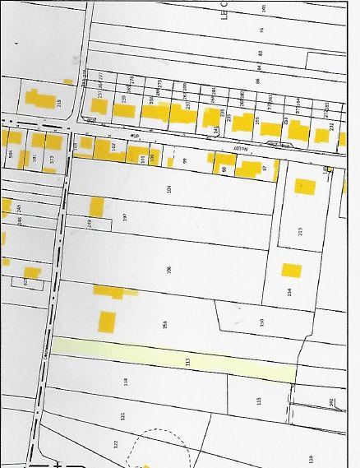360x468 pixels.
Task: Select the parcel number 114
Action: pyautogui.click(x=126, y=382)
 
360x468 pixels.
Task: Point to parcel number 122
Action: pyautogui.click(x=115, y=443)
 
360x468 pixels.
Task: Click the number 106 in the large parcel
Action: pyautogui.click(x=168, y=269)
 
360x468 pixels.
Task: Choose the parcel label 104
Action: pyautogui.click(x=168, y=189)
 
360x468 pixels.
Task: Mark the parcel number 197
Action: pyautogui.click(x=125, y=217)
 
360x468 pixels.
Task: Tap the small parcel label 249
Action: pyautogui.click(x=88, y=223)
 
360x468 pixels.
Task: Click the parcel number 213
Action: pyautogui.click(x=301, y=231)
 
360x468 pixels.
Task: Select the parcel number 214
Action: pyautogui.click(x=289, y=292)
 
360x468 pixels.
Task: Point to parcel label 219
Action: pyautogui.click(x=59, y=103)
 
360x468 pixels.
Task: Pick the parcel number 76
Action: pyautogui.click(x=261, y=30)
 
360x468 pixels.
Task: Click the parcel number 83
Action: pyautogui.click(x=260, y=53)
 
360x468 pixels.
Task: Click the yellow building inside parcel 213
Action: pyautogui.click(x=304, y=187)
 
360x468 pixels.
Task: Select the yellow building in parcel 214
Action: pyautogui.click(x=291, y=271)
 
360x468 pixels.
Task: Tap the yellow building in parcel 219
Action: pyautogui.click(x=38, y=99)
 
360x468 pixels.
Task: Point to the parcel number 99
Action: pyautogui.click(x=186, y=161)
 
